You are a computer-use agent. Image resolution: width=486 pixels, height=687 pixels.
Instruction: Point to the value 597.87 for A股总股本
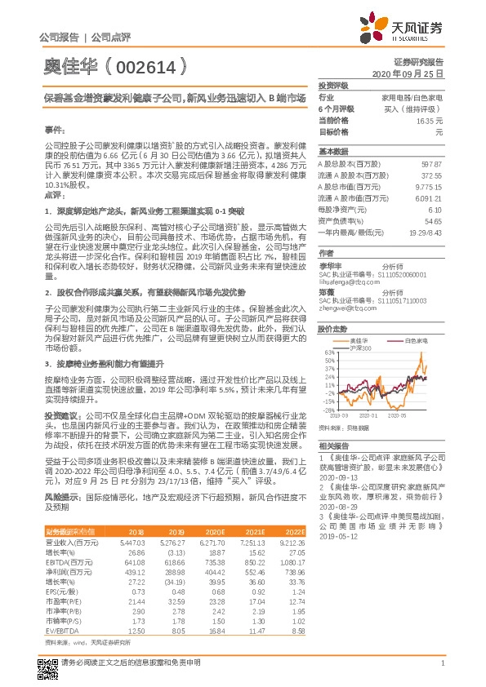pos(430,164)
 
